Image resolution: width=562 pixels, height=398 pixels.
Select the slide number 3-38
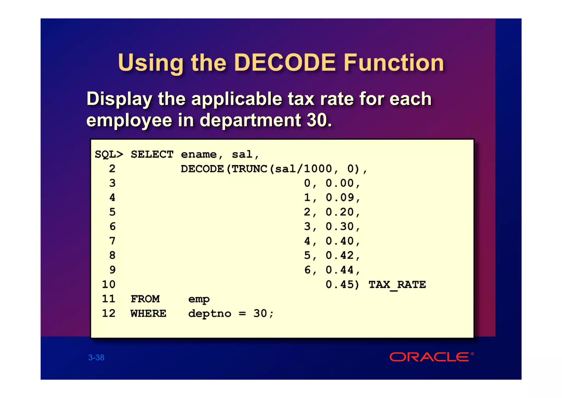[96, 357]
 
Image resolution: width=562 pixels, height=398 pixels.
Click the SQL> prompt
[109, 154]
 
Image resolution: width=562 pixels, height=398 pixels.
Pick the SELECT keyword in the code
[152, 154]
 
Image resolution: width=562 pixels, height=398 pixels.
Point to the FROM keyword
[145, 299]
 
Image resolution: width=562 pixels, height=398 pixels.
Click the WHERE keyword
[148, 313]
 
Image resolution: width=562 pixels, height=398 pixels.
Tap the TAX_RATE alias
[397, 284]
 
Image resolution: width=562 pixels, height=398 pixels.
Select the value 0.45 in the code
[340, 284]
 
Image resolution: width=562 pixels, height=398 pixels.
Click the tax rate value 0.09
[340, 198]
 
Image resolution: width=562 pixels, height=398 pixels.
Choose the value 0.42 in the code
[340, 255]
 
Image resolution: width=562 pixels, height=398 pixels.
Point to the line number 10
[109, 284]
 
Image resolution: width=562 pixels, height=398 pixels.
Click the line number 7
[112, 241]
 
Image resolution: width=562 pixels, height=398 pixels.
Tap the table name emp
[199, 299]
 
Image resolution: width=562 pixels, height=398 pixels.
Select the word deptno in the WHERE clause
[210, 314]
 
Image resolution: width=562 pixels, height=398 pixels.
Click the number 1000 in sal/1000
[318, 169]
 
